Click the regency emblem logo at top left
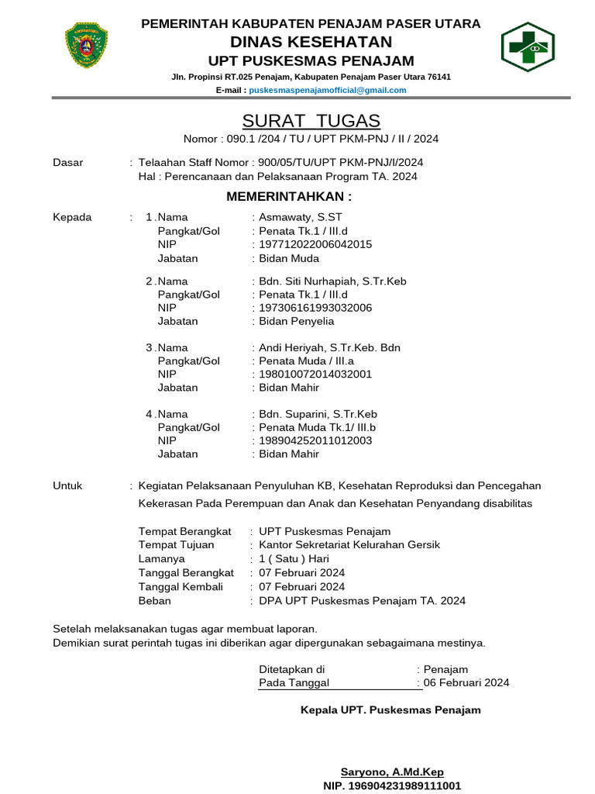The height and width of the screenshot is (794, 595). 86,46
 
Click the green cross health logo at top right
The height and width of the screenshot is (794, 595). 527,47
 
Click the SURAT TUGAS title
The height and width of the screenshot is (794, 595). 311,121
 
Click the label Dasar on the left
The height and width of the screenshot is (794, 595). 67,163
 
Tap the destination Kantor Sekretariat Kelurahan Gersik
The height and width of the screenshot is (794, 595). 349,545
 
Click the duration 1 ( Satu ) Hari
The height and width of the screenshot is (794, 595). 294,559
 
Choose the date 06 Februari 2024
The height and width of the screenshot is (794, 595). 466,683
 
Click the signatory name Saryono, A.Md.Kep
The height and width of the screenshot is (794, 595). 392,772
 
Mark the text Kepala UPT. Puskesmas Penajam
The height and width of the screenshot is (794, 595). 390,710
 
